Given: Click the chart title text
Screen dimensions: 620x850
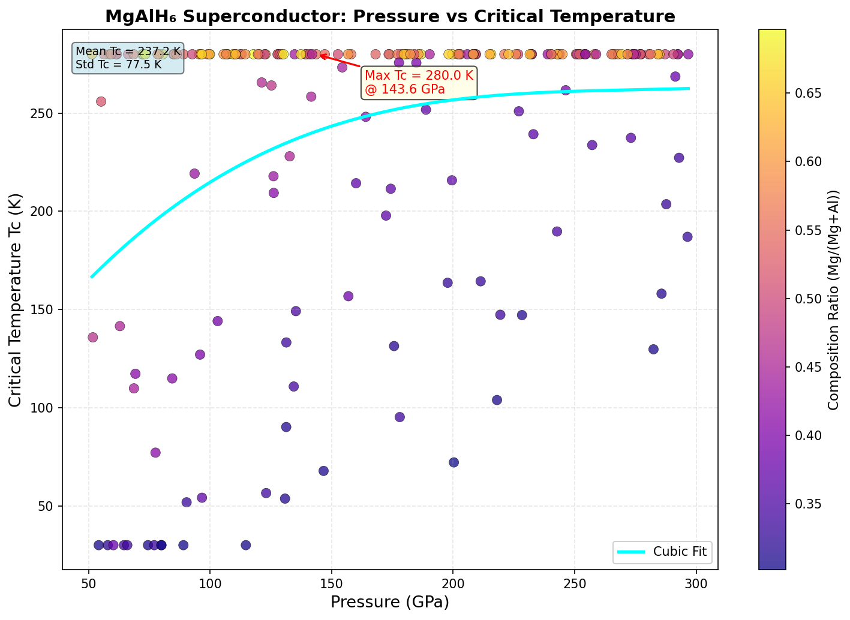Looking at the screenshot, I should click(390, 16).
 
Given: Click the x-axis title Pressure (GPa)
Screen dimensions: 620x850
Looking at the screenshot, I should click(390, 602).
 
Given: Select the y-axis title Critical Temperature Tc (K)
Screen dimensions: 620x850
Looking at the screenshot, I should click(16, 300).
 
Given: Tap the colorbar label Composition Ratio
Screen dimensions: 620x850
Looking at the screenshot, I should click(833, 300).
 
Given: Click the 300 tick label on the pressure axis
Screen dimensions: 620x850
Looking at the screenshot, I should click(696, 582).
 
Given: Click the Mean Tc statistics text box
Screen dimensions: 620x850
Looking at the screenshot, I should click(128, 58).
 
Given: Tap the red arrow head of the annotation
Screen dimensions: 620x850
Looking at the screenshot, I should click(320, 55).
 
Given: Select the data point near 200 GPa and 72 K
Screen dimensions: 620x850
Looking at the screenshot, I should click(453, 462).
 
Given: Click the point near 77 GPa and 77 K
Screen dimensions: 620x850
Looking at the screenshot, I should click(155, 453).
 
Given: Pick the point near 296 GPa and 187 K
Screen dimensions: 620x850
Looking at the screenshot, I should click(687, 237).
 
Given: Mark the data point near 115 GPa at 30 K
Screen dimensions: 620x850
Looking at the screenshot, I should click(246, 545).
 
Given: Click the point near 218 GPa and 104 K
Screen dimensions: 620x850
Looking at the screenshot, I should click(497, 400).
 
